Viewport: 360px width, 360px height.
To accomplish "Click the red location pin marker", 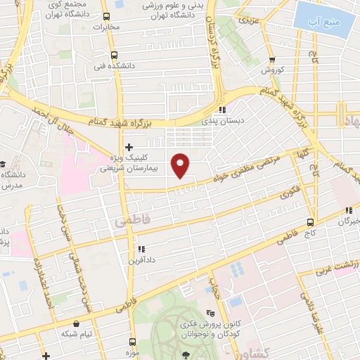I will [x=181, y=165].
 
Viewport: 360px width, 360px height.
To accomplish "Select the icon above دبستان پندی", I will [x=222, y=110].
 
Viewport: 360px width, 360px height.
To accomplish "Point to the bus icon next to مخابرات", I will [x=106, y=17].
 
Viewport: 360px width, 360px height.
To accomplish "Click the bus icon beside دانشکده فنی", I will [x=114, y=55].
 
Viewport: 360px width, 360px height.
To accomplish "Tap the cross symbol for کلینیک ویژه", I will [x=129, y=147].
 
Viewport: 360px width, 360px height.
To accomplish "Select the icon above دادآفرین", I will [x=142, y=248].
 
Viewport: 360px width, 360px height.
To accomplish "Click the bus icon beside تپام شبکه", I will [x=74, y=319].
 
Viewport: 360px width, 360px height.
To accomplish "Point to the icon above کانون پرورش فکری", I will [x=209, y=312].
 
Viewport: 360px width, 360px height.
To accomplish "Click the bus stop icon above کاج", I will [x=311, y=221].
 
